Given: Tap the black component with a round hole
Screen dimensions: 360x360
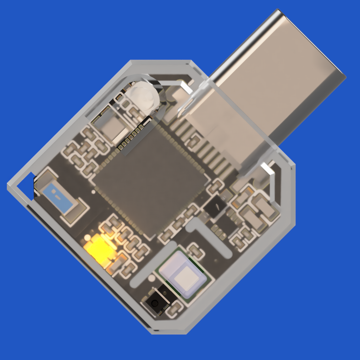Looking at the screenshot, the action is pyautogui.click(x=155, y=302).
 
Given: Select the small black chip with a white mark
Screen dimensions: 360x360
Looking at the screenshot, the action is pyautogui.click(x=215, y=206).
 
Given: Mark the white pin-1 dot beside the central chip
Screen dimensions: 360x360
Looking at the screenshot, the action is pyautogui.click(x=93, y=192).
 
